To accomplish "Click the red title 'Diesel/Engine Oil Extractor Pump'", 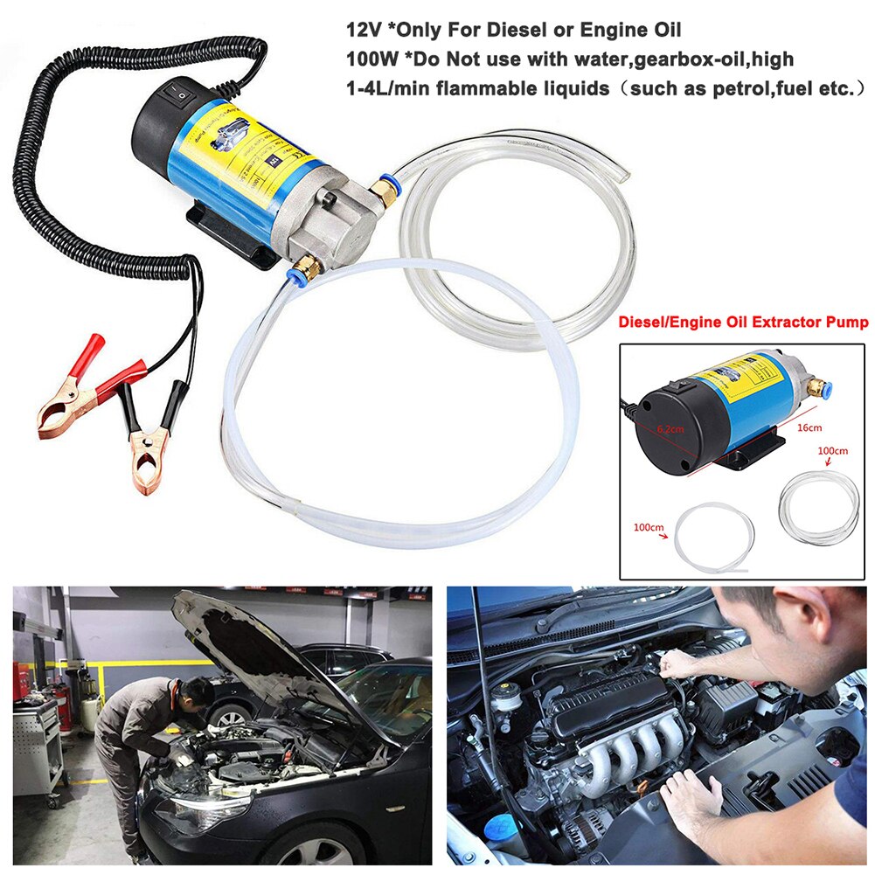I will pyautogui.click(x=743, y=323).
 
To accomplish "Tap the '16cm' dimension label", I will pyautogui.click(x=809, y=427).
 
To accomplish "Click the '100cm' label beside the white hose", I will pyautogui.click(x=649, y=529).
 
